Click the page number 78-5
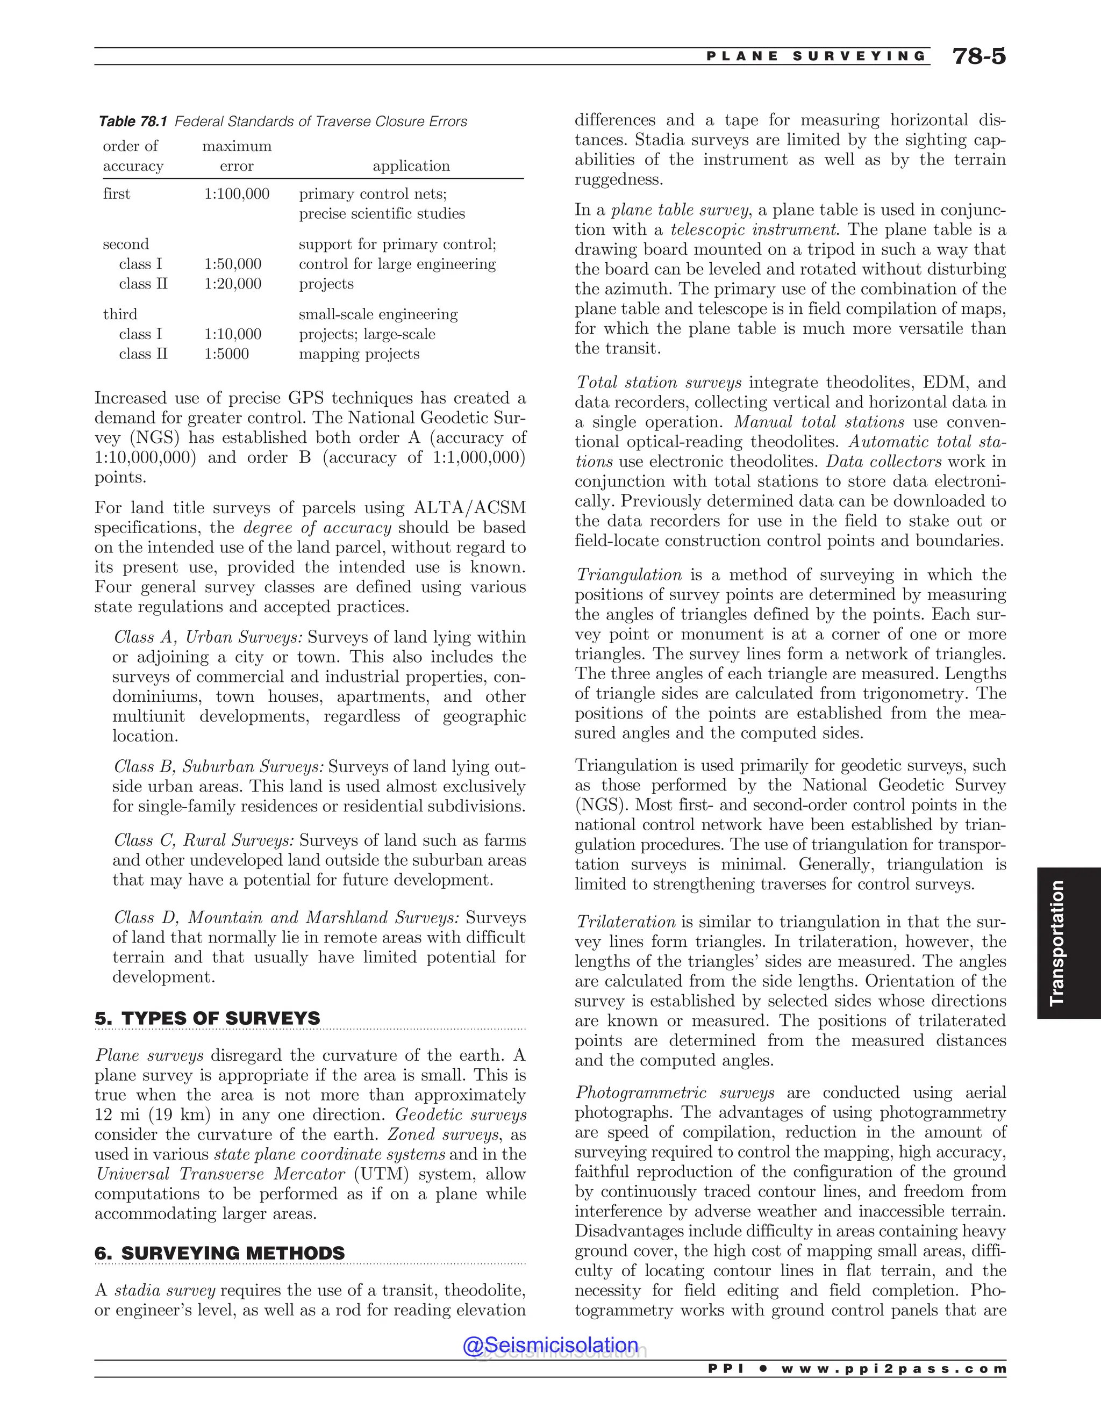coord(978,57)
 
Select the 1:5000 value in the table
coord(226,354)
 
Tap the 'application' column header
coord(411,166)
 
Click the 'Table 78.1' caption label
coord(133,121)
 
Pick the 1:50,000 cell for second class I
coord(232,264)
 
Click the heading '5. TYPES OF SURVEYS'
coord(208,1018)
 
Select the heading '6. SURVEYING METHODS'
coord(219,1253)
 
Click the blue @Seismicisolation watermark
coord(550,1345)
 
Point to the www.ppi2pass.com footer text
coord(893,1369)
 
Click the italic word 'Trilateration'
coord(626,922)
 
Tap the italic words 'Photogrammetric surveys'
coord(675,1093)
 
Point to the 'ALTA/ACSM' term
coord(470,508)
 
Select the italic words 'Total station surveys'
coord(659,382)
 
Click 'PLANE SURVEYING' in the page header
coord(816,56)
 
